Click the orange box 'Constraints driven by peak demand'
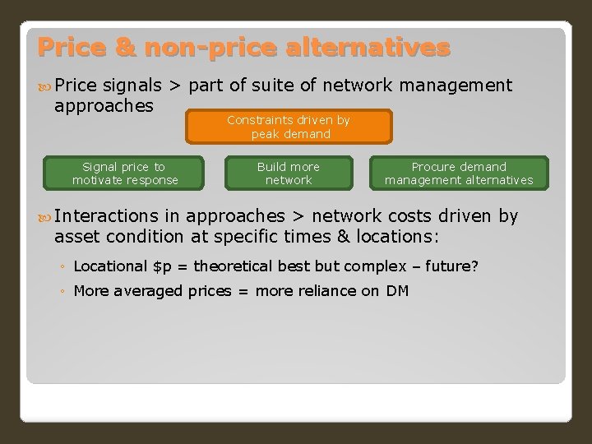click(x=289, y=127)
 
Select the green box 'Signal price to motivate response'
click(x=125, y=173)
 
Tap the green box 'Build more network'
click(x=289, y=173)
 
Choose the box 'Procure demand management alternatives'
click(x=459, y=173)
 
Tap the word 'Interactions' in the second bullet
click(x=105, y=216)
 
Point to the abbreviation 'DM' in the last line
click(x=397, y=290)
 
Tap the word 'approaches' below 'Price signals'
click(x=104, y=105)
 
